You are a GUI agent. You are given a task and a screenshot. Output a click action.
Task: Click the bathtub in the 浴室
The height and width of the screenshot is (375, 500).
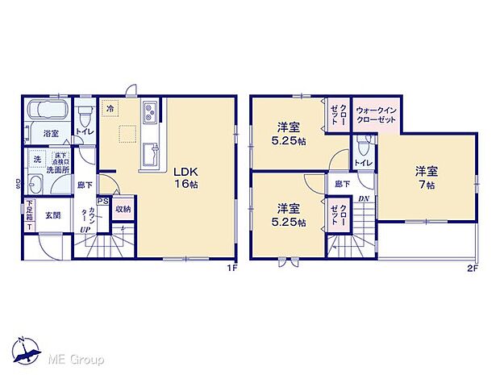(47, 110)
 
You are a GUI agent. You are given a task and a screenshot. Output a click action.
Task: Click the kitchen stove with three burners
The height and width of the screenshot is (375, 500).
(151, 111)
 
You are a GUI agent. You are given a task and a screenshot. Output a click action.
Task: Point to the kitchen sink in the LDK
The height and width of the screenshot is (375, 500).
(150, 156)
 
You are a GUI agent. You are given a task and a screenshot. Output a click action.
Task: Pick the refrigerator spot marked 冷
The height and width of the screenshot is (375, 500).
(109, 106)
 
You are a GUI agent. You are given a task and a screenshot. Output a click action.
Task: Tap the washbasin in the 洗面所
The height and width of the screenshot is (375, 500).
(35, 182)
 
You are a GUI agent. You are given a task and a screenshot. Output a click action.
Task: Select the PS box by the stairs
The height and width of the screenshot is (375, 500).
(102, 202)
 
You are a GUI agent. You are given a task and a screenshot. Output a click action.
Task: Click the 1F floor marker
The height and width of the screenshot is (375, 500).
(230, 268)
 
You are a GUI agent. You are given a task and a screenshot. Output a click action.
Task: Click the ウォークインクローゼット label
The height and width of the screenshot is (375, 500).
(375, 114)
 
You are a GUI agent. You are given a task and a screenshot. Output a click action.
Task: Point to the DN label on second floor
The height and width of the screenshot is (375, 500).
(364, 199)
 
